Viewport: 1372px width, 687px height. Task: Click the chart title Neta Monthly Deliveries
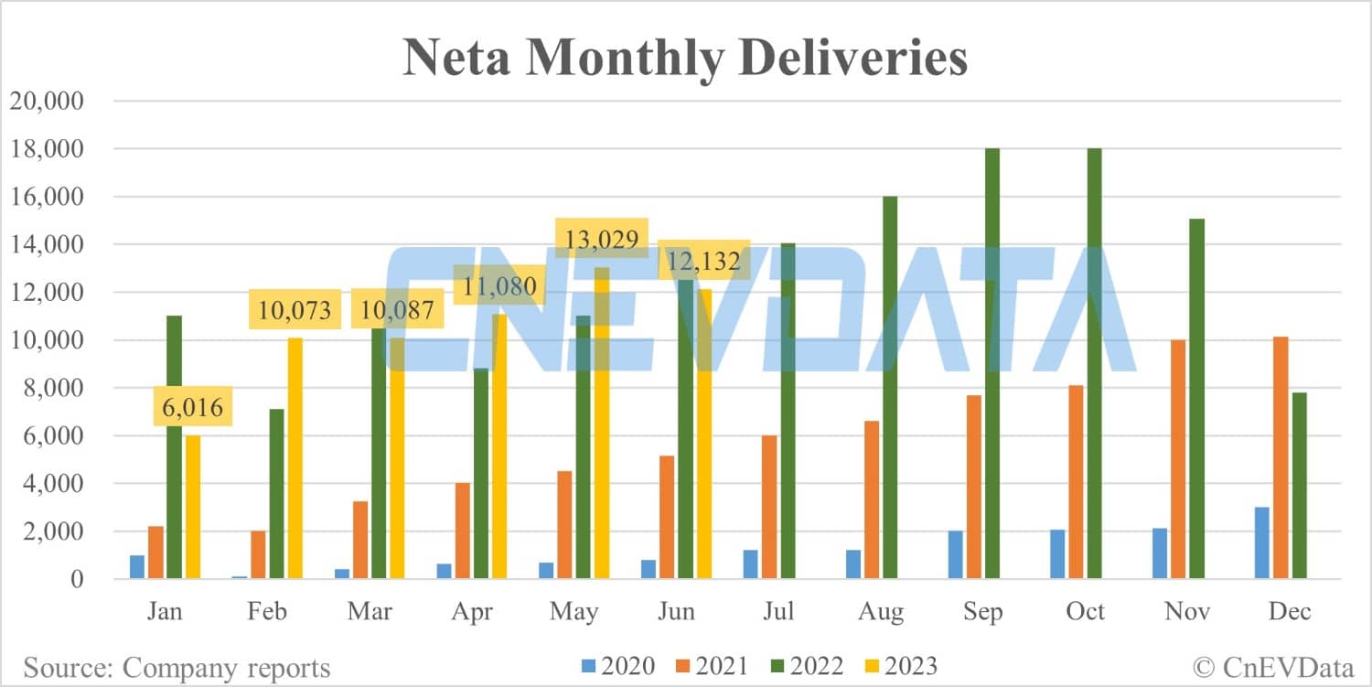[x=685, y=58]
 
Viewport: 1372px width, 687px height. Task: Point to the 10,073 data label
[x=295, y=309]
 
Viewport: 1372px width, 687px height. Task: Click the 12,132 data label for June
[x=704, y=261]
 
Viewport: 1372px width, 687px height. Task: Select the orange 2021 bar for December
[x=1280, y=457]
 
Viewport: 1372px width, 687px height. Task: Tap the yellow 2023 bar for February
[x=295, y=457]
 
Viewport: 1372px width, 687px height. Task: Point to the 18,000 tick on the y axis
[x=45, y=149]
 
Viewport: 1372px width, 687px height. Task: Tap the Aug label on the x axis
[x=881, y=611]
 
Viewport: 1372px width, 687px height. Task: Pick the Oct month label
[x=1086, y=611]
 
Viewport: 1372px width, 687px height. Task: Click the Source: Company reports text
[x=177, y=668]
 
